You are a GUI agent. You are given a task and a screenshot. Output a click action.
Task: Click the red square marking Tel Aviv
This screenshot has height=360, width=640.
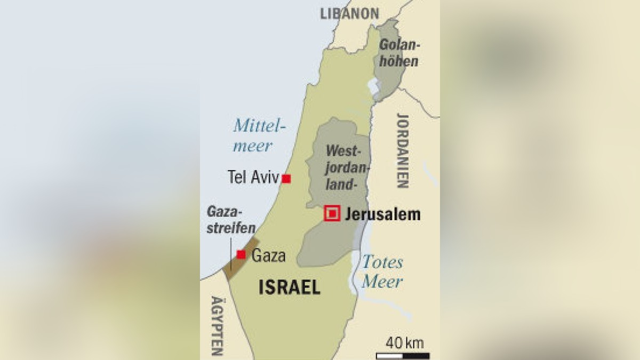pyautogui.click(x=286, y=179)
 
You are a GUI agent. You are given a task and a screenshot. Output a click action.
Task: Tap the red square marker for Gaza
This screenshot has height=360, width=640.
pyautogui.click(x=241, y=254)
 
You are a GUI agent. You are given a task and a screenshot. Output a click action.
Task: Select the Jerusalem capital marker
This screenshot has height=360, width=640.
pyautogui.click(x=332, y=214)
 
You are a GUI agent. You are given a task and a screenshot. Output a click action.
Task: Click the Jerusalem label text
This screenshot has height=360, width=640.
pyautogui.click(x=382, y=214)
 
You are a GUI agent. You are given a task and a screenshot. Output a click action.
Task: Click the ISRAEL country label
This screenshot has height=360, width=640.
pyautogui.click(x=289, y=287)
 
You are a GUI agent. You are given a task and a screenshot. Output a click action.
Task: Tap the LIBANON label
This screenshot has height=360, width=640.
pyautogui.click(x=350, y=13)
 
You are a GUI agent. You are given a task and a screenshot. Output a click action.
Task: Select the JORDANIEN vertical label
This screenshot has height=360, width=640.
pyautogui.click(x=402, y=150)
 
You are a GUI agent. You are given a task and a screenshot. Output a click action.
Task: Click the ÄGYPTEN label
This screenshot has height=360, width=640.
pyautogui.click(x=216, y=325)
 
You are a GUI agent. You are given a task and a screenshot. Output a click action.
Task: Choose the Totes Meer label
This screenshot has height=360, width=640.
pyautogui.click(x=382, y=271)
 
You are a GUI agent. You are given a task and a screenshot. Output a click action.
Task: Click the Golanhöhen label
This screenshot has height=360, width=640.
pyautogui.click(x=398, y=53)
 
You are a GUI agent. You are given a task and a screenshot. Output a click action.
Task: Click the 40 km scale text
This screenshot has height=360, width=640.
pyautogui.click(x=405, y=343)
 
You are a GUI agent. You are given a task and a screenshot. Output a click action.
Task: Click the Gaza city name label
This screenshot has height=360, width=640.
pyautogui.click(x=268, y=255)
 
